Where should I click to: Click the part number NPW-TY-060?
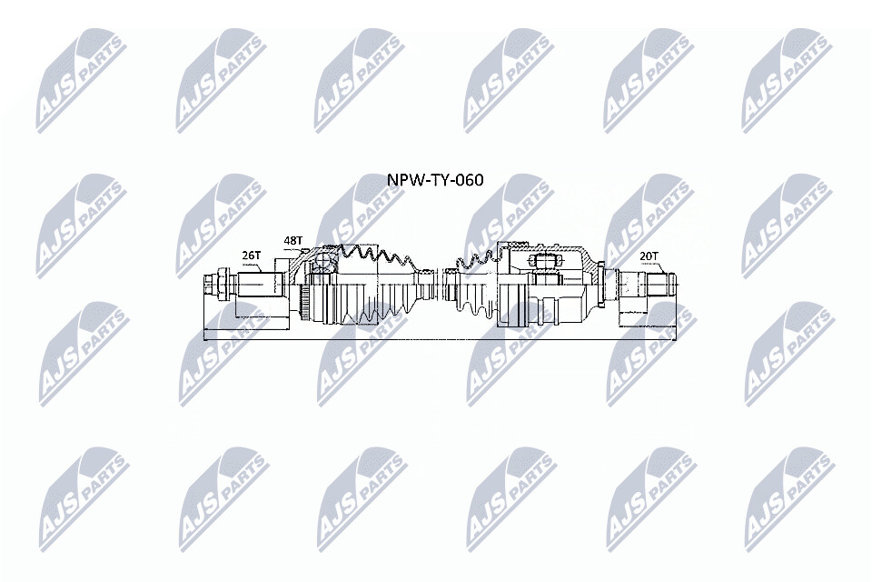pyautogui.click(x=435, y=180)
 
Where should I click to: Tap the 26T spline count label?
pyautogui.click(x=252, y=255)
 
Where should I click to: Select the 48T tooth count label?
pyautogui.click(x=293, y=241)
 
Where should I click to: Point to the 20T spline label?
pyautogui.click(x=649, y=255)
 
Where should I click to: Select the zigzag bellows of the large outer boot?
pyautogui.click(x=378, y=254)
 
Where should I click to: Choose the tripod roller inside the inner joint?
pyautogui.click(x=543, y=261)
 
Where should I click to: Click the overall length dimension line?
pyautogui.click(x=441, y=338)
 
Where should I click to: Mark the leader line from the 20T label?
pyautogui.click(x=660, y=267)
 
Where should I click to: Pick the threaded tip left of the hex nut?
pyautogui.click(x=210, y=284)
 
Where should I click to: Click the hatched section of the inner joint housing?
pyautogui.click(x=590, y=265)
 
